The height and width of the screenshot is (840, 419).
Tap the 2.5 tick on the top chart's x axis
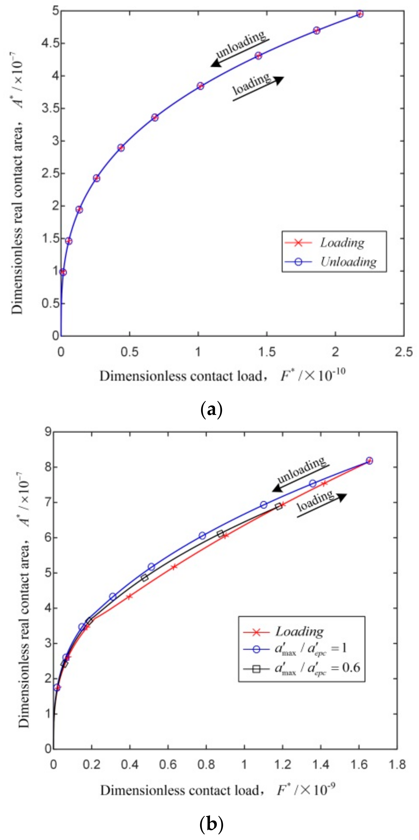point(403,352)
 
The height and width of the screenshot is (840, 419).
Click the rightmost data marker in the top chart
point(360,14)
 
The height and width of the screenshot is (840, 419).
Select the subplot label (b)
point(211,824)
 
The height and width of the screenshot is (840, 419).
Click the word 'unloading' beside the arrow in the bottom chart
point(301,470)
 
